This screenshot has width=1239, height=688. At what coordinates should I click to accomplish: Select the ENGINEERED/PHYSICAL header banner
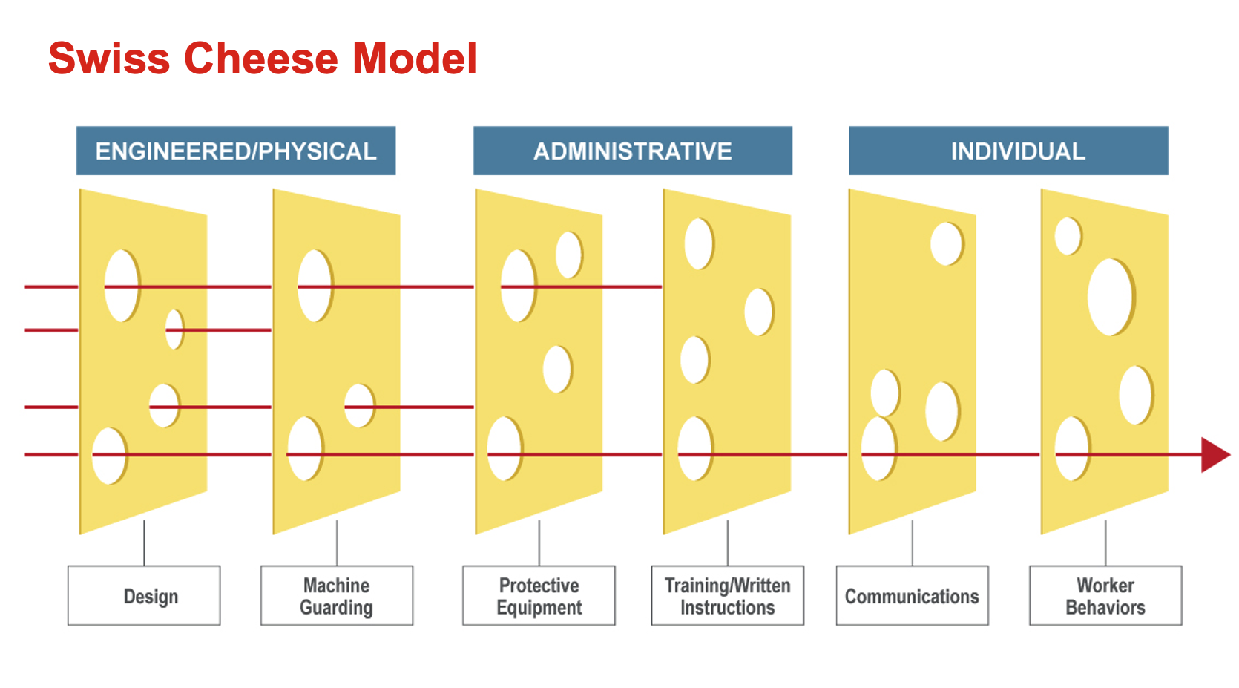tap(236, 151)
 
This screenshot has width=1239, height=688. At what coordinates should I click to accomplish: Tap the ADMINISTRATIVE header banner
tap(633, 151)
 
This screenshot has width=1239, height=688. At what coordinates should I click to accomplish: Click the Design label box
tap(144, 596)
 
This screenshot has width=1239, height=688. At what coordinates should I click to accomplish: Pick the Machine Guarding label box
tap(337, 596)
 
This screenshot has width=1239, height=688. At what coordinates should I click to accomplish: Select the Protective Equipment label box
tap(539, 596)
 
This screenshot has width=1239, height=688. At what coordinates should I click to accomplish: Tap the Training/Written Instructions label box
tap(728, 596)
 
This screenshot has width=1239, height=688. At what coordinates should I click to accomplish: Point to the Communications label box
tap(913, 596)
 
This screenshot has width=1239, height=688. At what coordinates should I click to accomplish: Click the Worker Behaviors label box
tap(1105, 596)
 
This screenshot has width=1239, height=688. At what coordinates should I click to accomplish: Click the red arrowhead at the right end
tap(1214, 455)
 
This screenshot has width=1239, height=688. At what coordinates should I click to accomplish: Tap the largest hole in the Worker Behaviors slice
tap(1110, 297)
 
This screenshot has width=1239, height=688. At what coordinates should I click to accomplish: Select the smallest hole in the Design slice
tap(174, 330)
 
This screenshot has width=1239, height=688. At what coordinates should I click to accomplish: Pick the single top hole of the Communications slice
tap(946, 243)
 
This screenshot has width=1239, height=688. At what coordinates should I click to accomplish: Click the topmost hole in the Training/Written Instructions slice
tap(698, 243)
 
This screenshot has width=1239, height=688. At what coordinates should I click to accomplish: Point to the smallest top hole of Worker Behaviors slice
tap(1068, 236)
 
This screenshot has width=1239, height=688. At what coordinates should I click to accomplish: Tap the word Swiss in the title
tap(109, 59)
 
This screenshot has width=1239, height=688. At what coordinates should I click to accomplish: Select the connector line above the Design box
tap(144, 543)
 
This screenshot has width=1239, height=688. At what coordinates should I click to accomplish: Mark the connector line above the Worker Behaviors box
tap(1105, 543)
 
